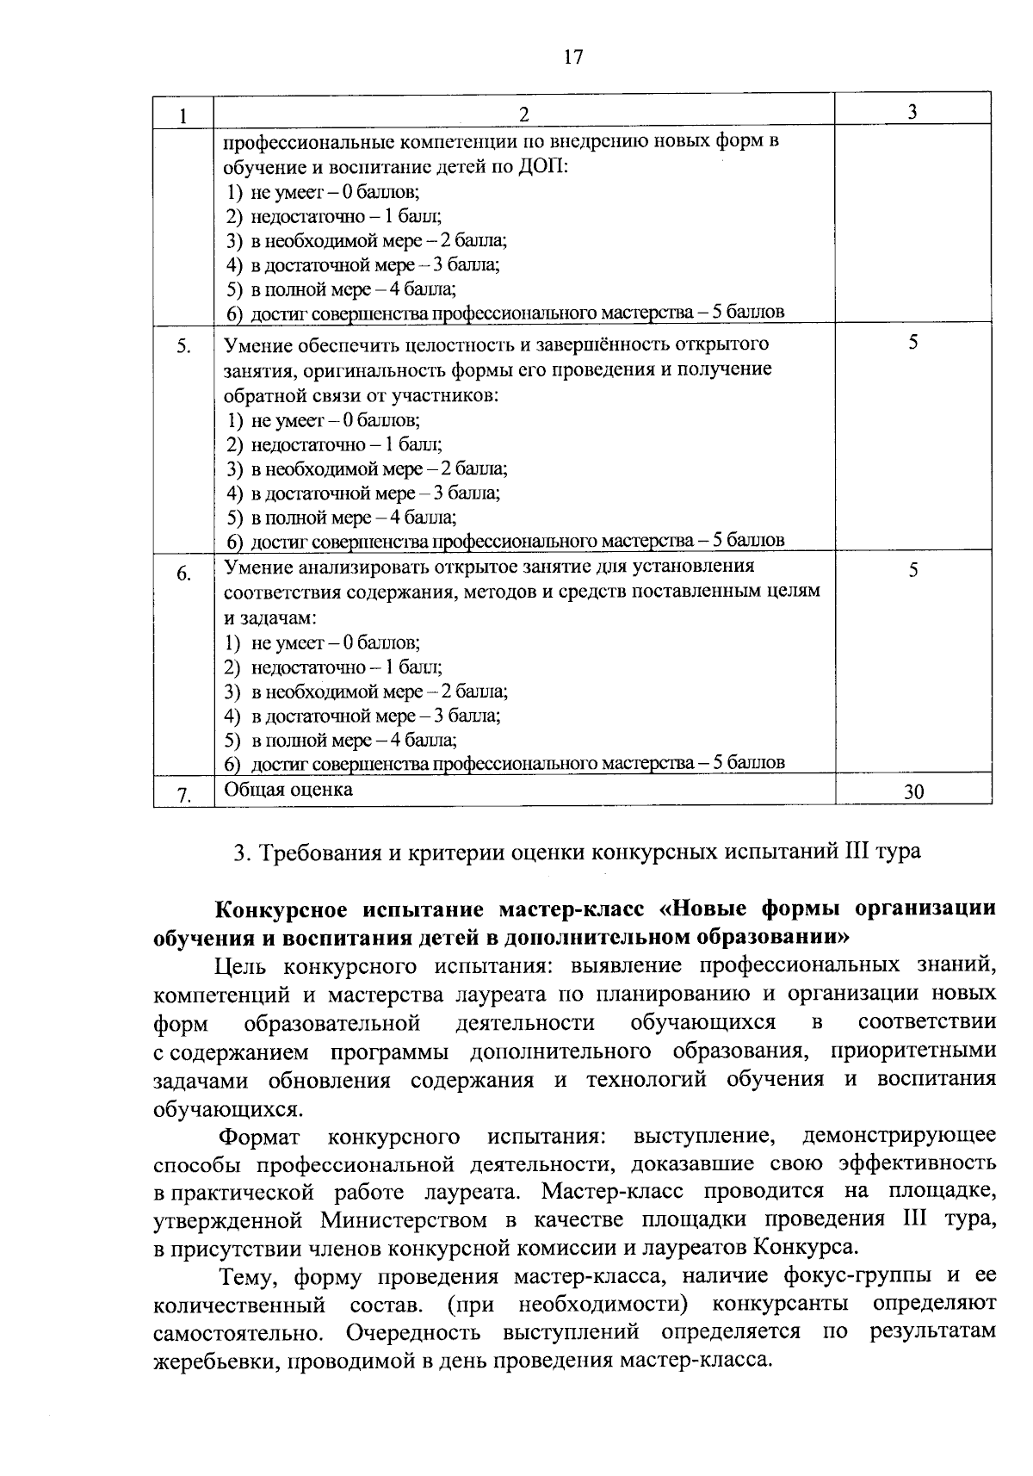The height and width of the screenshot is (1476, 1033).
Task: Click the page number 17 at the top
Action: [x=573, y=58]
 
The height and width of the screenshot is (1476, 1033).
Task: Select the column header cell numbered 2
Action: [x=524, y=114]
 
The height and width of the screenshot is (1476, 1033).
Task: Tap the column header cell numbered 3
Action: [x=912, y=112]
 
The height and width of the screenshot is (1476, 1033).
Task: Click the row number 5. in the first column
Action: [x=183, y=347]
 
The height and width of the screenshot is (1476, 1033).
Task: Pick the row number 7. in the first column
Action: [x=183, y=794]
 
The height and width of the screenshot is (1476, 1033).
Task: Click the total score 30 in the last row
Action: [x=913, y=792]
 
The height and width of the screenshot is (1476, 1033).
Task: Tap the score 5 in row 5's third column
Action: [x=913, y=343]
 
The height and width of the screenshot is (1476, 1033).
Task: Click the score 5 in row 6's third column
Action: [x=913, y=570]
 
